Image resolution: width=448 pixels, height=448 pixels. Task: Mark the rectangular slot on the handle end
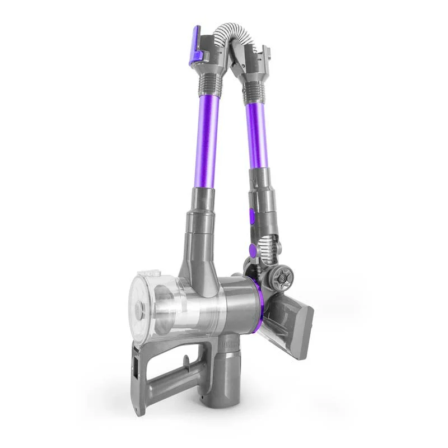[x=136, y=364]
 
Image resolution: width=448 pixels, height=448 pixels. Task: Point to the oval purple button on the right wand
[x=250, y=215]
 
